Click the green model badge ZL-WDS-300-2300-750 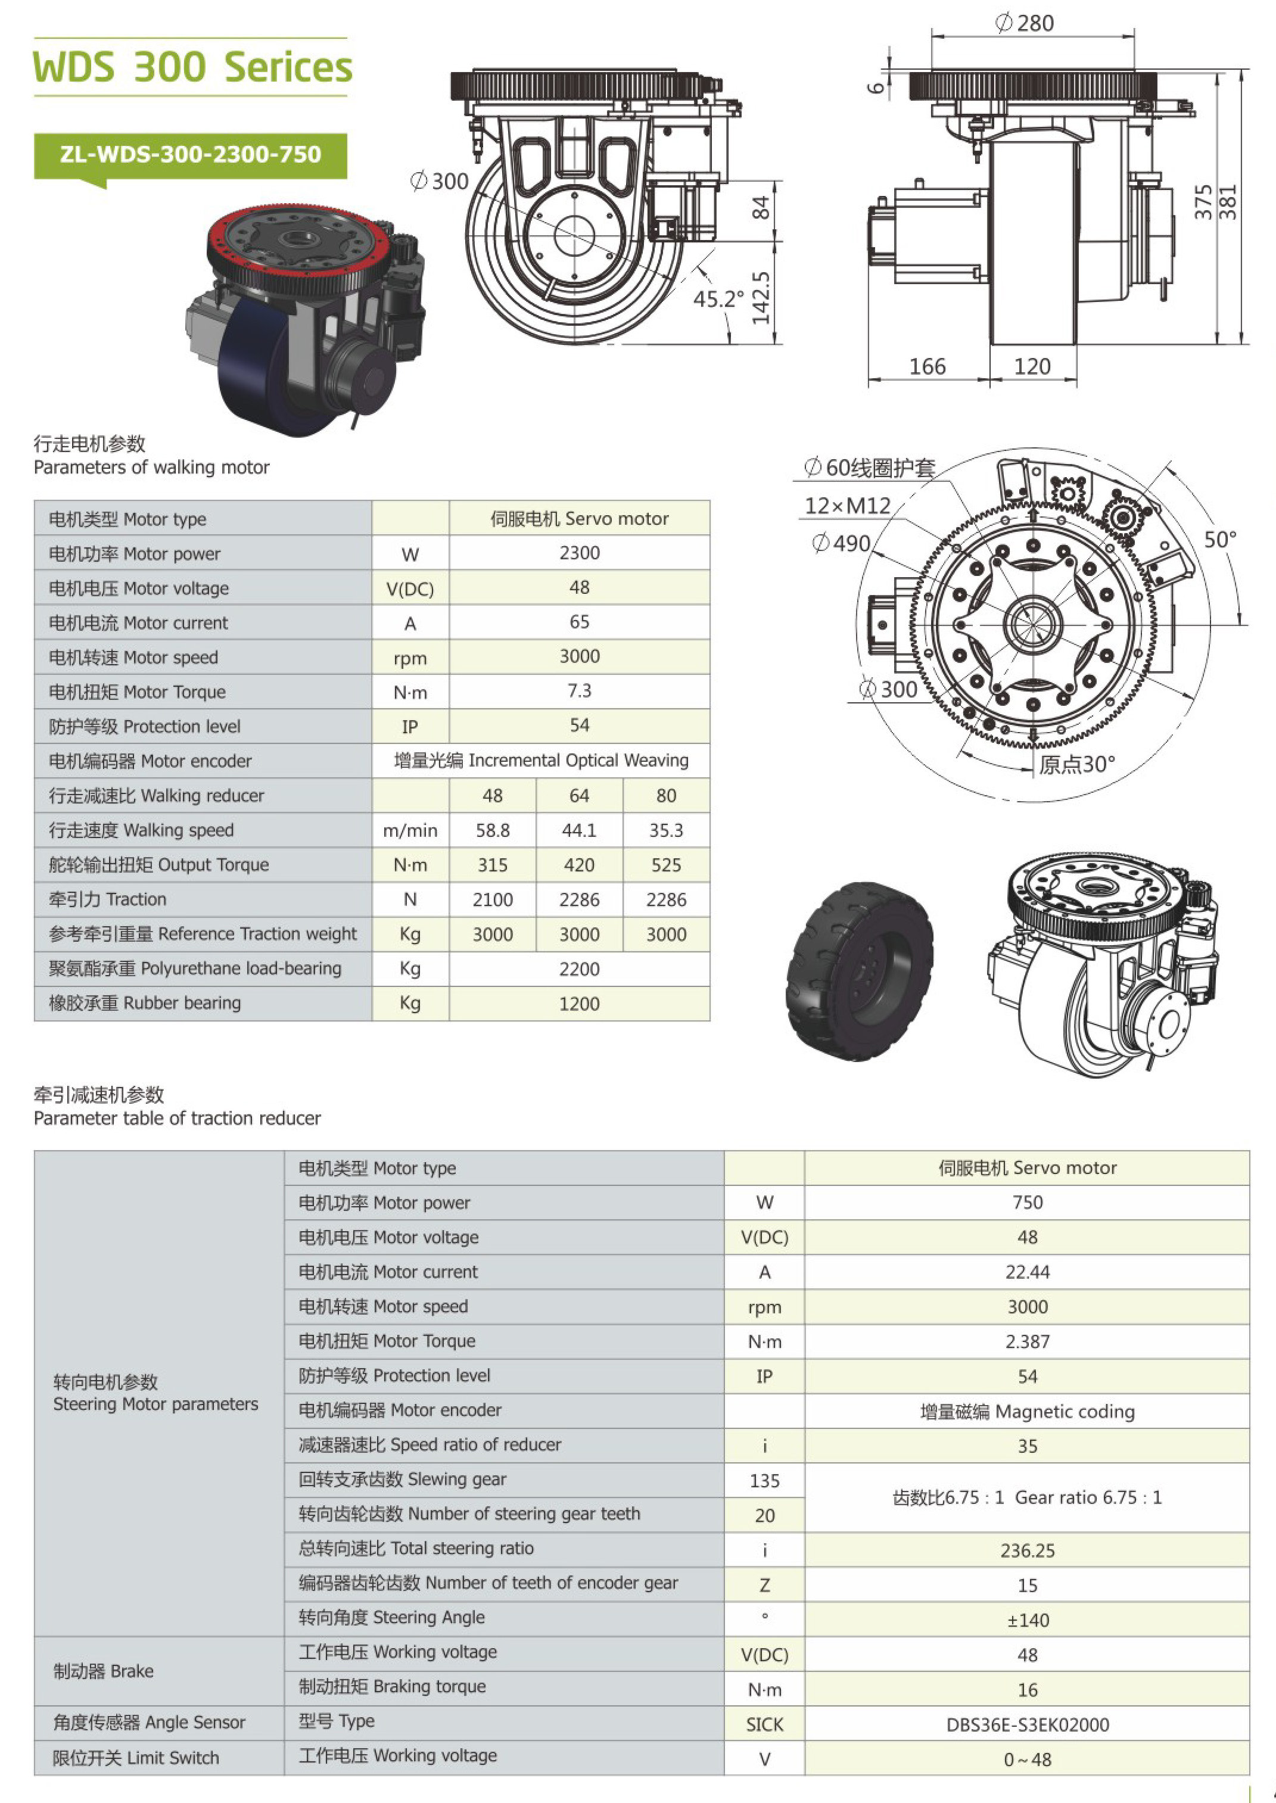coord(190,155)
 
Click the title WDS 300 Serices coord(192,67)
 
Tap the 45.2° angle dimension coord(718,298)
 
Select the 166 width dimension coord(927,366)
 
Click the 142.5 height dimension coord(761,298)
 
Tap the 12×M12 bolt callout coord(847,505)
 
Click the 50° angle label coord(1220,540)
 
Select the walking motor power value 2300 coord(579,553)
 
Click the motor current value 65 coord(579,622)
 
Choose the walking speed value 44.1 coord(579,830)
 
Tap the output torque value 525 coord(666,865)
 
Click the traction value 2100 coord(493,899)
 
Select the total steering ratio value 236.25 coord(1028,1551)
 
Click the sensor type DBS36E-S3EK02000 coord(1028,1724)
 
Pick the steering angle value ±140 coord(1028,1620)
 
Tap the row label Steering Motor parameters coord(155,1404)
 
